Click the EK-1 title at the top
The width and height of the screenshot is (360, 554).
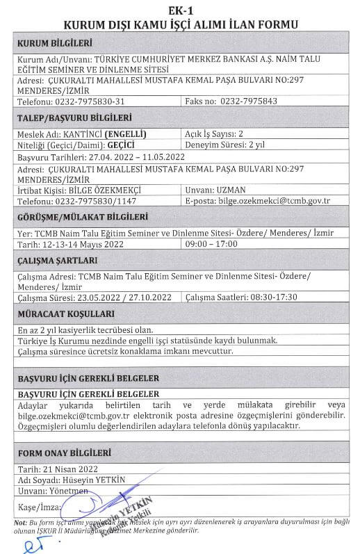(x=180, y=10)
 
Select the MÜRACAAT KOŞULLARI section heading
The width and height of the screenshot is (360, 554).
(x=60, y=313)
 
